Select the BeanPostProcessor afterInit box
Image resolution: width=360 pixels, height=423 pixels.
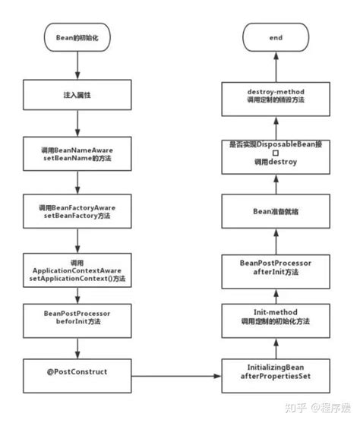(x=276, y=267)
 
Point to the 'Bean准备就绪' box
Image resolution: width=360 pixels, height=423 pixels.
(x=276, y=212)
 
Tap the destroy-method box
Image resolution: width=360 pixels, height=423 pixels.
(x=276, y=96)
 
